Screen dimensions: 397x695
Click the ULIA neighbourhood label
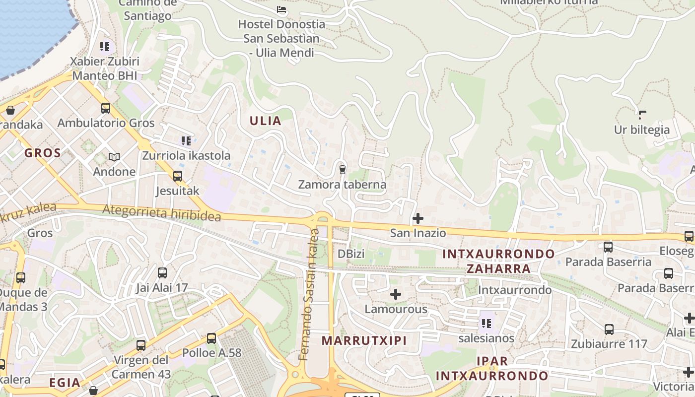click(266, 121)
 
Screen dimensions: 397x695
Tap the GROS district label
click(43, 153)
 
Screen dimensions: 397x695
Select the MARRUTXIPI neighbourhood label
click(364, 340)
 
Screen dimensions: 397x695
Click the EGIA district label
click(65, 383)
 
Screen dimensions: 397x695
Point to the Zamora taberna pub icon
click(342, 169)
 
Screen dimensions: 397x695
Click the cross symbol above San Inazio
click(418, 218)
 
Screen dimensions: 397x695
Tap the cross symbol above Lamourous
click(396, 295)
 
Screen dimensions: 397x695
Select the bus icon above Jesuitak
click(178, 176)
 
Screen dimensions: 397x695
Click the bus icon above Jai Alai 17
click(162, 272)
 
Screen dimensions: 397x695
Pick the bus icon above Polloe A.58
click(211, 338)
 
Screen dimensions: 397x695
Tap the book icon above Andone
click(114, 157)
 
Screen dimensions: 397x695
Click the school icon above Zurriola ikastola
click(186, 141)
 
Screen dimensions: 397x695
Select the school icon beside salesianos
click(486, 324)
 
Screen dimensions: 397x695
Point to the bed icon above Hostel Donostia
click(281, 9)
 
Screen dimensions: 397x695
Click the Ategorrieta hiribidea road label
click(161, 213)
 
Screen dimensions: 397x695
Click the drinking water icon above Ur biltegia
click(642, 115)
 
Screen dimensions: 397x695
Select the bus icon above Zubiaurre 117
click(609, 329)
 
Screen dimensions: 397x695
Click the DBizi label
click(351, 254)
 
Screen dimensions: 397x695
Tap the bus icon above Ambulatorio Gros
click(106, 108)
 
